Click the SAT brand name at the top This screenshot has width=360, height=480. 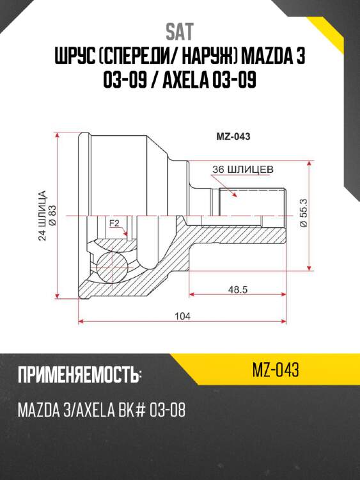coord(180,32)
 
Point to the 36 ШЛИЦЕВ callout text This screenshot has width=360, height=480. coord(243,170)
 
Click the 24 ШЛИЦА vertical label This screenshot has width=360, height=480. coord(42,216)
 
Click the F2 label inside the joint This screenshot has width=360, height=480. coord(114,223)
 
